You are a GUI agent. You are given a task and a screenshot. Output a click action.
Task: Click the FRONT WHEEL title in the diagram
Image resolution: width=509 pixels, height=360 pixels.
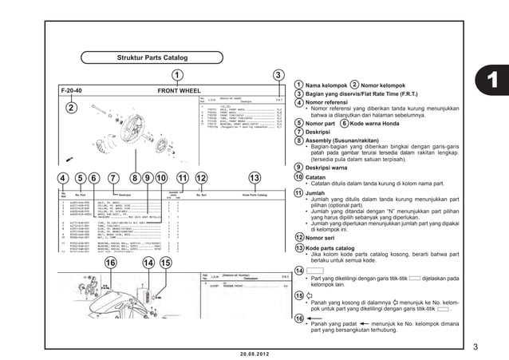point(180,91)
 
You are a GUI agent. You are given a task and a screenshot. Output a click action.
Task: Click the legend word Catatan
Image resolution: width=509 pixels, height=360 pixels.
point(319,176)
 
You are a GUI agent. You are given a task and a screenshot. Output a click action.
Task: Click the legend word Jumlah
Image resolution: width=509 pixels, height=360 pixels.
point(318,193)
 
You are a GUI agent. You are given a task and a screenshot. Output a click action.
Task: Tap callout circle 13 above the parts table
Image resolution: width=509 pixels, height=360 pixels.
point(254,177)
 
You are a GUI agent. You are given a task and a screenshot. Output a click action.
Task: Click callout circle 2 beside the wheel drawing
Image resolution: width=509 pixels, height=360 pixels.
point(71,108)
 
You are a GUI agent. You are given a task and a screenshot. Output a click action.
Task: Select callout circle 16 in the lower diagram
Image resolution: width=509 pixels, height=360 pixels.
point(111,263)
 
